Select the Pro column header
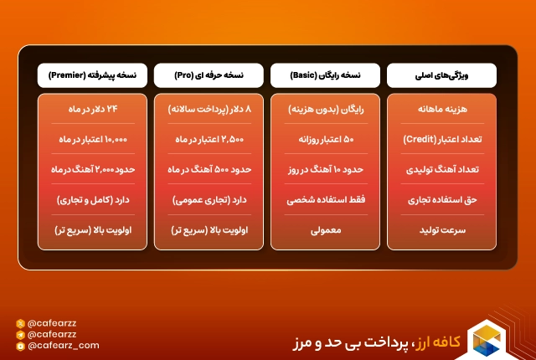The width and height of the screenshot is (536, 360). pyautogui.click(x=209, y=75)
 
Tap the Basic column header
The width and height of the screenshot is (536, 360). pyautogui.click(x=325, y=75)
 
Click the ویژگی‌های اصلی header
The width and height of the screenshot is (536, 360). pyautogui.click(x=441, y=75)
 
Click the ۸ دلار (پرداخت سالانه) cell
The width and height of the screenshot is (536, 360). pyautogui.click(x=209, y=110)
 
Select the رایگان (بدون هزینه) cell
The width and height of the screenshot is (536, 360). pyautogui.click(x=325, y=110)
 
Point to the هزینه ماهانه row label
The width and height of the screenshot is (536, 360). pyautogui.click(x=441, y=110)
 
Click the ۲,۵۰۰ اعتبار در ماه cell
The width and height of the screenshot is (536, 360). pyautogui.click(x=209, y=138)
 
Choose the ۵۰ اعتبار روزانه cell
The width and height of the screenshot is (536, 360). pyautogui.click(x=325, y=138)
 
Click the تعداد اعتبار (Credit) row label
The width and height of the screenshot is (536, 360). pyautogui.click(x=441, y=138)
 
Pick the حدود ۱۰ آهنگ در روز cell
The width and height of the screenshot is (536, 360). pyautogui.click(x=325, y=170)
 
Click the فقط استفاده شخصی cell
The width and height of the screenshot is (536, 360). pyautogui.click(x=325, y=201)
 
